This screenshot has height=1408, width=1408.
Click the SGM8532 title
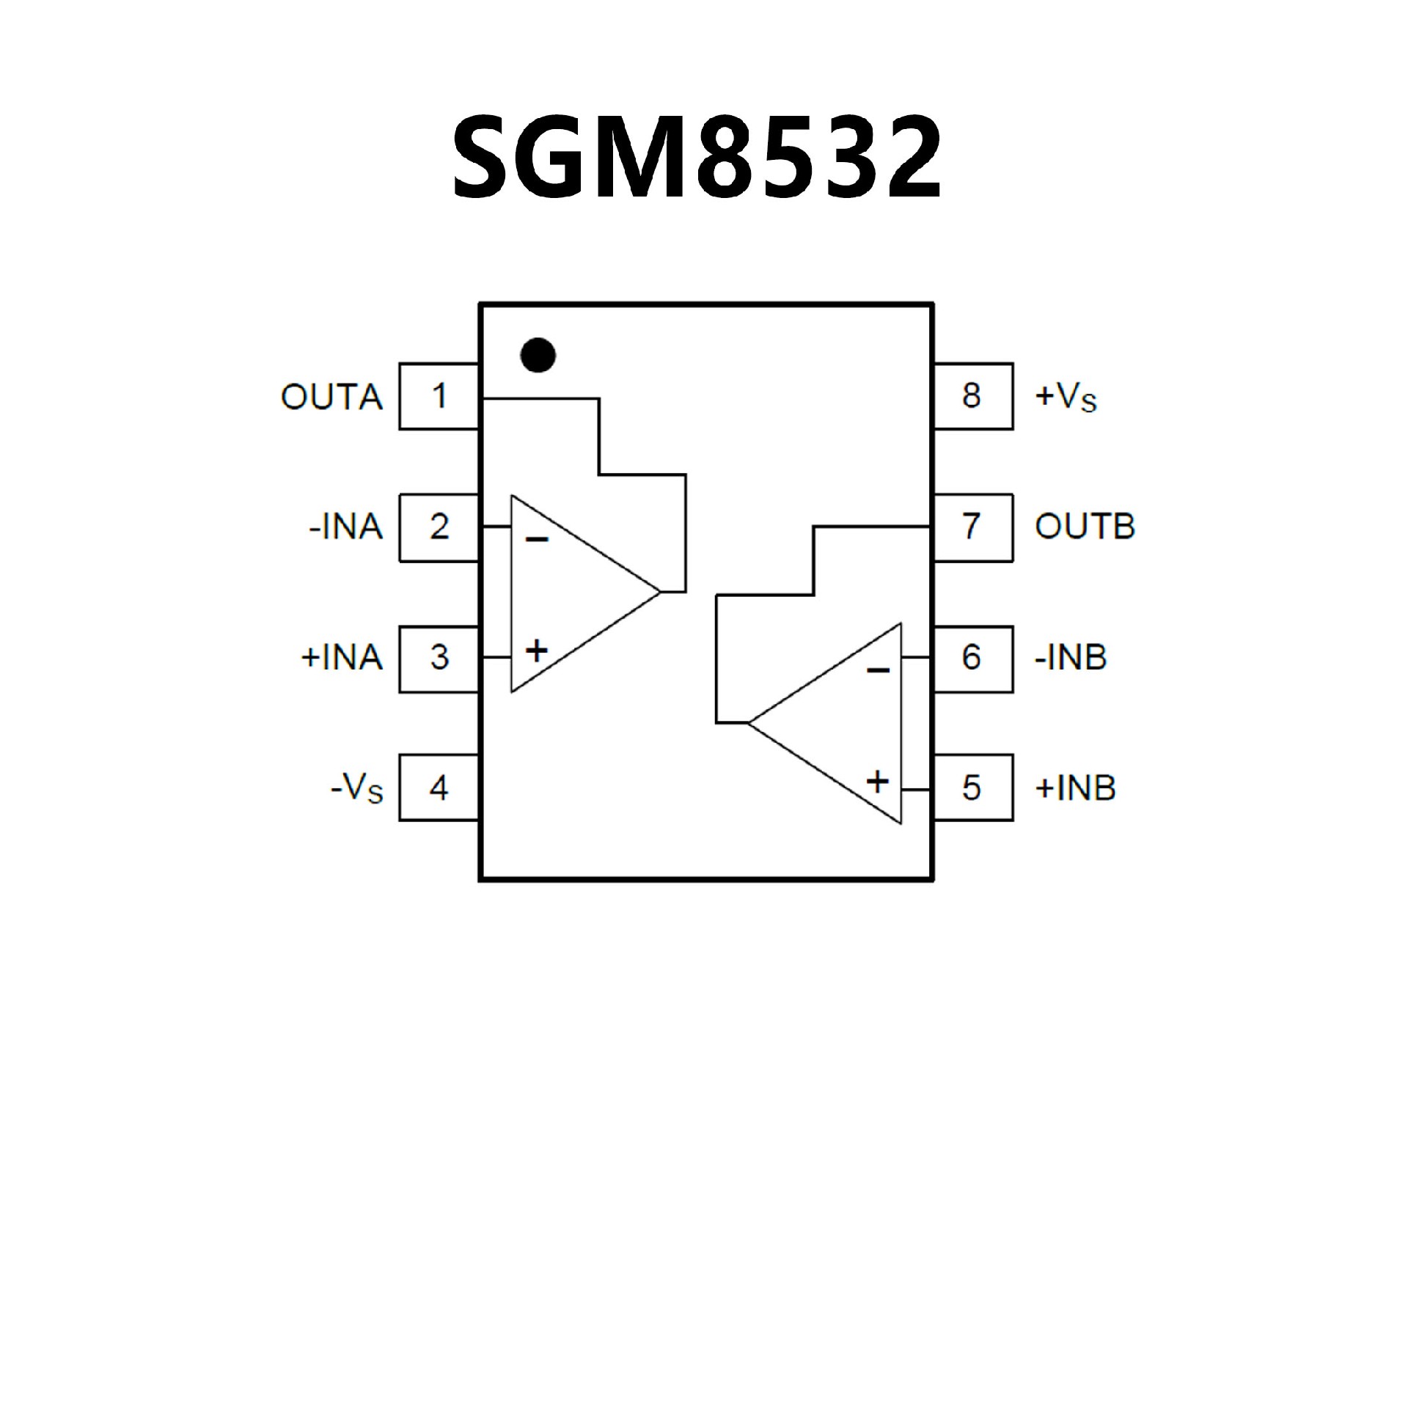(x=697, y=158)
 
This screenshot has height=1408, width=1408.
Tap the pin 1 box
(x=439, y=396)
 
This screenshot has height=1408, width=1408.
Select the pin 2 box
(x=439, y=527)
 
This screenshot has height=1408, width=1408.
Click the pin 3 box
(x=439, y=658)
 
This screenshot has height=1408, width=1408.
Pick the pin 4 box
(x=439, y=788)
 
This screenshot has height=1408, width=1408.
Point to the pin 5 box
(x=972, y=788)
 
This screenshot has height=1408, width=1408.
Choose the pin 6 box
(x=972, y=658)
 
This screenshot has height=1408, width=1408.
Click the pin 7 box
(x=972, y=527)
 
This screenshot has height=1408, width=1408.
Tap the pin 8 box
(x=972, y=396)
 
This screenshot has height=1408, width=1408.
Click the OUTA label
(x=331, y=397)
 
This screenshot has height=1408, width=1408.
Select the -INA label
(x=345, y=528)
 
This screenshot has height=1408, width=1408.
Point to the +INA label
(x=342, y=658)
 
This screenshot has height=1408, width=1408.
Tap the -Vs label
(x=357, y=790)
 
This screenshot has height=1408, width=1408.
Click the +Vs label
(x=1066, y=397)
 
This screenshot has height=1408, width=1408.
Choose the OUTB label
(x=1085, y=528)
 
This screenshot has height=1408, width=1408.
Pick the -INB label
(x=1070, y=658)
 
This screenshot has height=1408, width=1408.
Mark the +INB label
(x=1075, y=788)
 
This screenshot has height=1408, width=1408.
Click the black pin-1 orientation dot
(x=538, y=355)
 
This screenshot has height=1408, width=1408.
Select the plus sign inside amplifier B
(x=878, y=782)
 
